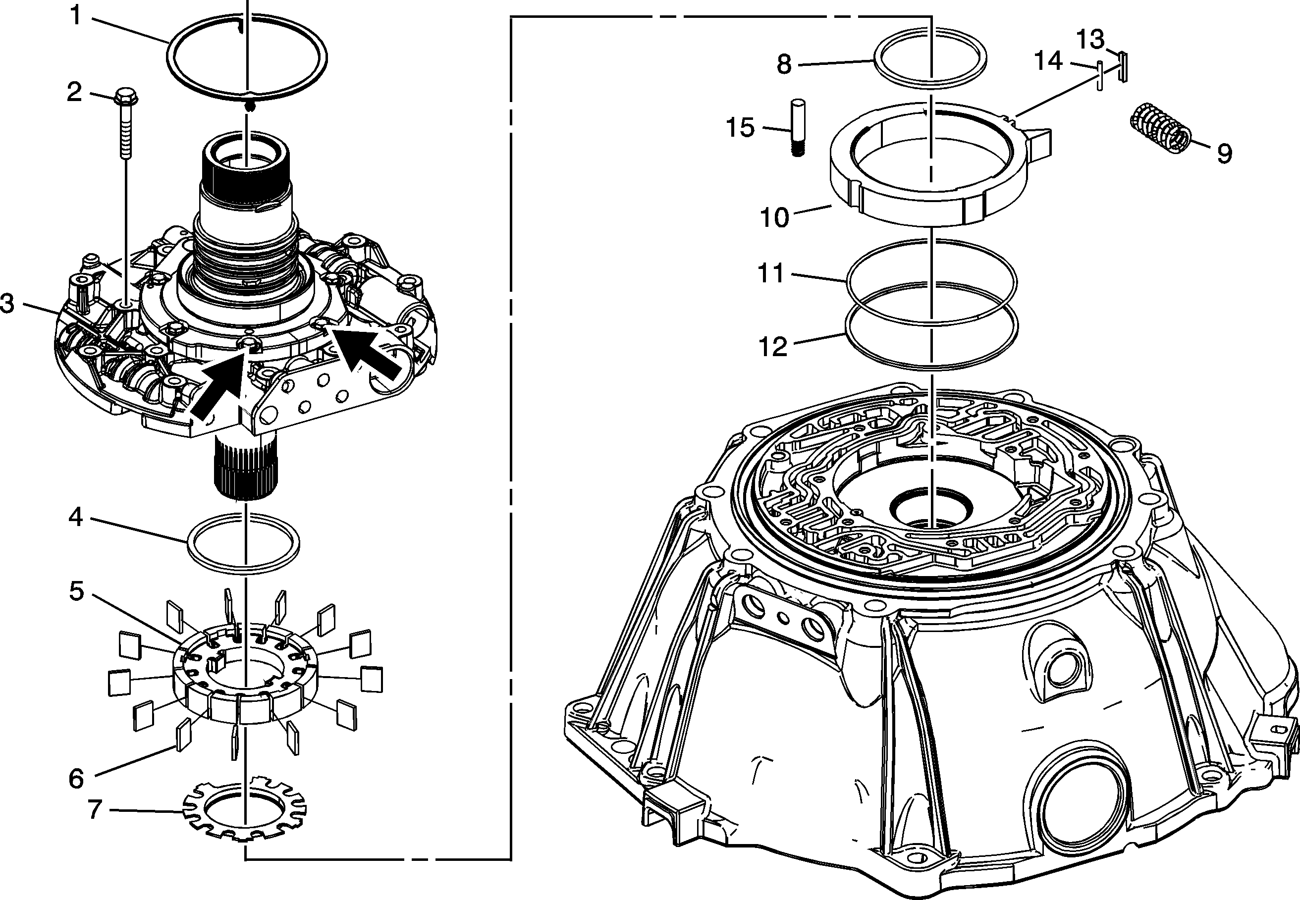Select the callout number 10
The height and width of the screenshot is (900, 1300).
coord(775,217)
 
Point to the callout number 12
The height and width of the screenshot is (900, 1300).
coord(773,347)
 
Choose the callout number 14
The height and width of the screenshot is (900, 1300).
coord(1048,61)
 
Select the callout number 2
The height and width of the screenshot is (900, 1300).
coord(74,92)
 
